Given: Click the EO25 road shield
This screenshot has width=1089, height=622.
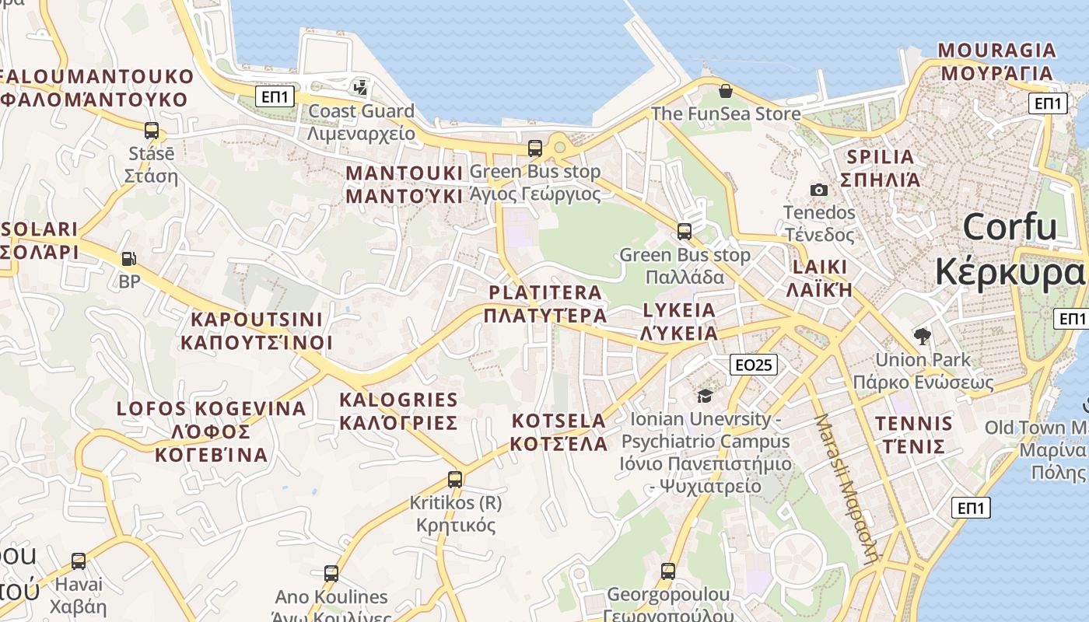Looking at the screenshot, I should pos(754,364).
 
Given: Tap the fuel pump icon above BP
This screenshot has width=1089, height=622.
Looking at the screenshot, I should pos(129,259).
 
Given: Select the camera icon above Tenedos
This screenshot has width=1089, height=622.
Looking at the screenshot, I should pos(818,190).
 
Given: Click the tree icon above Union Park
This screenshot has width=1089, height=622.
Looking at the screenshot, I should pos(923,337).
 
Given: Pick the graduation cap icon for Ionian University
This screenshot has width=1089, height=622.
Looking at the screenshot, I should pos(705,396).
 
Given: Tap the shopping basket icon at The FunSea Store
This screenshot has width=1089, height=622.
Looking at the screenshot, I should pos(725,91).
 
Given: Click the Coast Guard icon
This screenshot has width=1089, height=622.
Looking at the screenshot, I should pos(360,88).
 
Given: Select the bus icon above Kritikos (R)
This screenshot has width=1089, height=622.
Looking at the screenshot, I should pos(455,480).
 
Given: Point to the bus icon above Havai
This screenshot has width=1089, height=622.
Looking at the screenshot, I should pos(79,561).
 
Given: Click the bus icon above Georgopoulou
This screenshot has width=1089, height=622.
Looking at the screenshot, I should pos(667,571).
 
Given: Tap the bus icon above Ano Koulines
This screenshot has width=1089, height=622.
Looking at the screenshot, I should pos(331,574).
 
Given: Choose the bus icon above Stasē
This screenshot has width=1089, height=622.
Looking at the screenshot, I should pos(151,131).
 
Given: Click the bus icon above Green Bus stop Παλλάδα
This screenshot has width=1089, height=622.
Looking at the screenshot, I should pos(684,231).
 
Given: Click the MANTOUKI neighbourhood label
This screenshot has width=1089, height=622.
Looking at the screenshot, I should pos(404,184).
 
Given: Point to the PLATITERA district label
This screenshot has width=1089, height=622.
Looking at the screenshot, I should pos(544,304).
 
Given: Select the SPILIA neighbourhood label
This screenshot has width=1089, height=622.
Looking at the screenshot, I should pos(881,168).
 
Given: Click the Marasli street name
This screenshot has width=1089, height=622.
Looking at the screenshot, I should pos(846,487).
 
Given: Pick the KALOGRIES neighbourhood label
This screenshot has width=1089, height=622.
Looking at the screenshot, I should pos(398,411).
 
